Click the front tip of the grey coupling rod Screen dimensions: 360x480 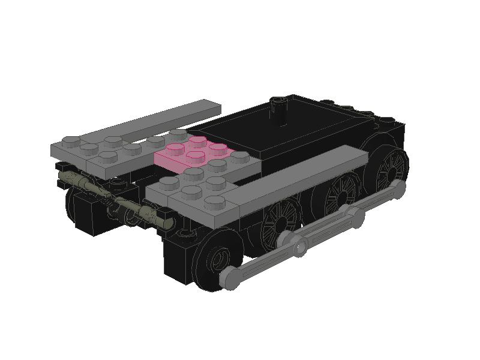click(x=230, y=277)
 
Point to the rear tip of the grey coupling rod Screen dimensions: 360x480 click(x=395, y=190)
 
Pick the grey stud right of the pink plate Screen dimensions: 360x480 click(x=240, y=157)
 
